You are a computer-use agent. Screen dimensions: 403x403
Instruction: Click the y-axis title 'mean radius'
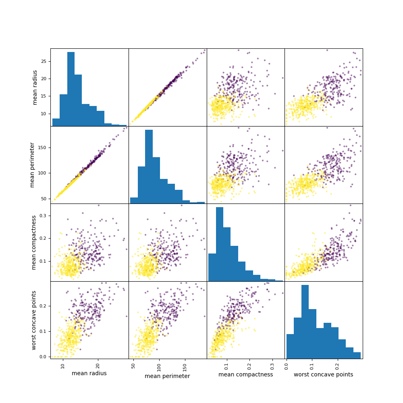35,87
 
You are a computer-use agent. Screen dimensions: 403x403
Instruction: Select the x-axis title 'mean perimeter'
167,376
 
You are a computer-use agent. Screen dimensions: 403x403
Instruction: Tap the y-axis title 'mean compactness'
34,242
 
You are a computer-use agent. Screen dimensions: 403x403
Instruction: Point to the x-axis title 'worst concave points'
323,374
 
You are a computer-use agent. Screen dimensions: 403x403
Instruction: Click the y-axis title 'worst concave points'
34,320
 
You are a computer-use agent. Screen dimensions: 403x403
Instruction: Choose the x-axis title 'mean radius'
89,373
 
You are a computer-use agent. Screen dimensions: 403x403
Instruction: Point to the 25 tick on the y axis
45,61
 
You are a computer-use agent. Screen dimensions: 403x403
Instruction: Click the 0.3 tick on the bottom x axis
272,364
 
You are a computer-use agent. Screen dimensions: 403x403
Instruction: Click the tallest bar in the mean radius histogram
71,89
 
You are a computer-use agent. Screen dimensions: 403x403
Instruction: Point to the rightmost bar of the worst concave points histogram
357,355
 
